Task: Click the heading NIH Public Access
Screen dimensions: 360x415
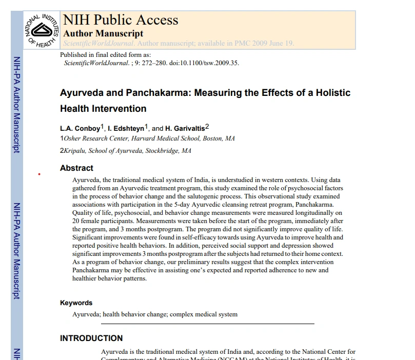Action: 121,20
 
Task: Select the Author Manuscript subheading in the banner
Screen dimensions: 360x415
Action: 103,33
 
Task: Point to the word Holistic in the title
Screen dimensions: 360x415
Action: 331,93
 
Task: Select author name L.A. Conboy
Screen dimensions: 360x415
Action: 80,128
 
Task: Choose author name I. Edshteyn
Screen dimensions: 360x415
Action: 127,128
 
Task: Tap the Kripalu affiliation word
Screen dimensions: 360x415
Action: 75,151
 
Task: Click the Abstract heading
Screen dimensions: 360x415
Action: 76,168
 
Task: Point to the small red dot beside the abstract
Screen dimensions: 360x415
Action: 39,175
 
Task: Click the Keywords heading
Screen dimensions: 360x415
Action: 76,303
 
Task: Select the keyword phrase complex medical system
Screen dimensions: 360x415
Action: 204,314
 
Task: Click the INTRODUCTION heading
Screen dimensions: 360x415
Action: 91,338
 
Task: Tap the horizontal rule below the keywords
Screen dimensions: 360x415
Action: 207,324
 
